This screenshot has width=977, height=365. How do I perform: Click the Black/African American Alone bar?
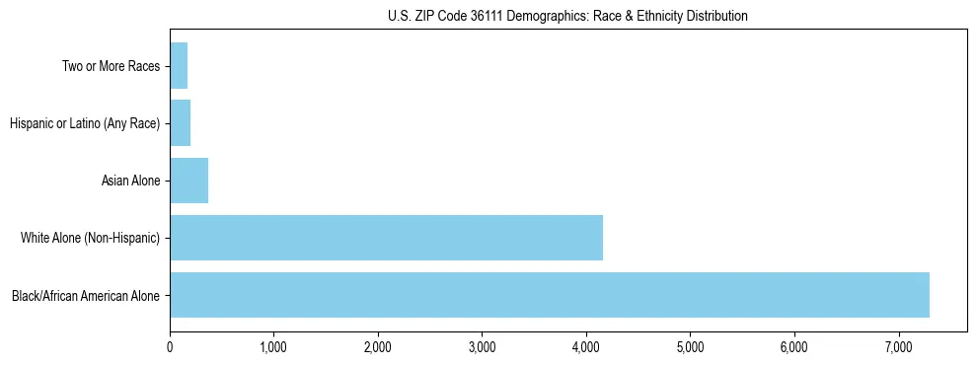[549, 295]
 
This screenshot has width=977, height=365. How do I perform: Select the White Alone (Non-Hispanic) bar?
[386, 238]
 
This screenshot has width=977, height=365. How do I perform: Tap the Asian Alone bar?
[188, 181]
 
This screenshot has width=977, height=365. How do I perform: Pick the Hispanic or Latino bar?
[180, 123]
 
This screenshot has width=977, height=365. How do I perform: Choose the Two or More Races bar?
[179, 66]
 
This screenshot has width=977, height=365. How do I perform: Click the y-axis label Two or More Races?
[110, 66]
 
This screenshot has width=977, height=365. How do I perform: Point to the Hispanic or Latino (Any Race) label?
[85, 123]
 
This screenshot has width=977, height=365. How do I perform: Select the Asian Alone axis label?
[130, 181]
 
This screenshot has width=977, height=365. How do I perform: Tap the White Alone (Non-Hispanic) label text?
[90, 238]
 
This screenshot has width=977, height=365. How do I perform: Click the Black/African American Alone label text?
[86, 295]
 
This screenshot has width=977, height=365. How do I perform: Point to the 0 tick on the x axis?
[170, 346]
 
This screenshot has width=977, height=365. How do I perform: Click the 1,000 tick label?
[273, 346]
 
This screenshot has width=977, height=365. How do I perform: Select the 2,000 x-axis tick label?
[378, 346]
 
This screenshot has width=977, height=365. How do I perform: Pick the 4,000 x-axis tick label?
[586, 346]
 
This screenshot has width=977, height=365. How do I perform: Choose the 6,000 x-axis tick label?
[794, 346]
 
